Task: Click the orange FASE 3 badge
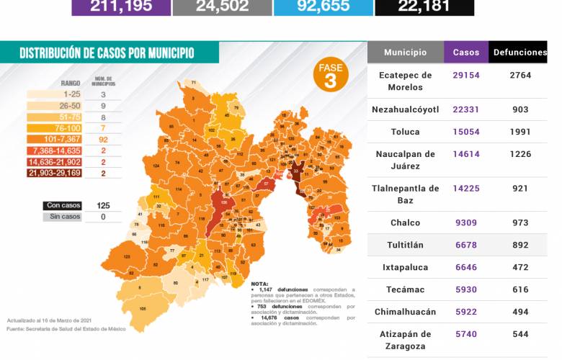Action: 330,74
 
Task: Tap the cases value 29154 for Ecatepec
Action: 466,75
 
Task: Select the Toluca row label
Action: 405,132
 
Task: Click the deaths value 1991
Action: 517,132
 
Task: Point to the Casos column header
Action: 466,53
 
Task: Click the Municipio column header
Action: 405,53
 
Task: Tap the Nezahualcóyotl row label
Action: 405,109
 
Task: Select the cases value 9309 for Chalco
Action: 466,222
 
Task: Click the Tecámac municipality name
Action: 405,289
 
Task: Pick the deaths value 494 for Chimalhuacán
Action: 517,312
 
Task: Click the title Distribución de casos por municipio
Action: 107,53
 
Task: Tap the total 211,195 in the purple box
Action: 122,6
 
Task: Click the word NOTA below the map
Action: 259,284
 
